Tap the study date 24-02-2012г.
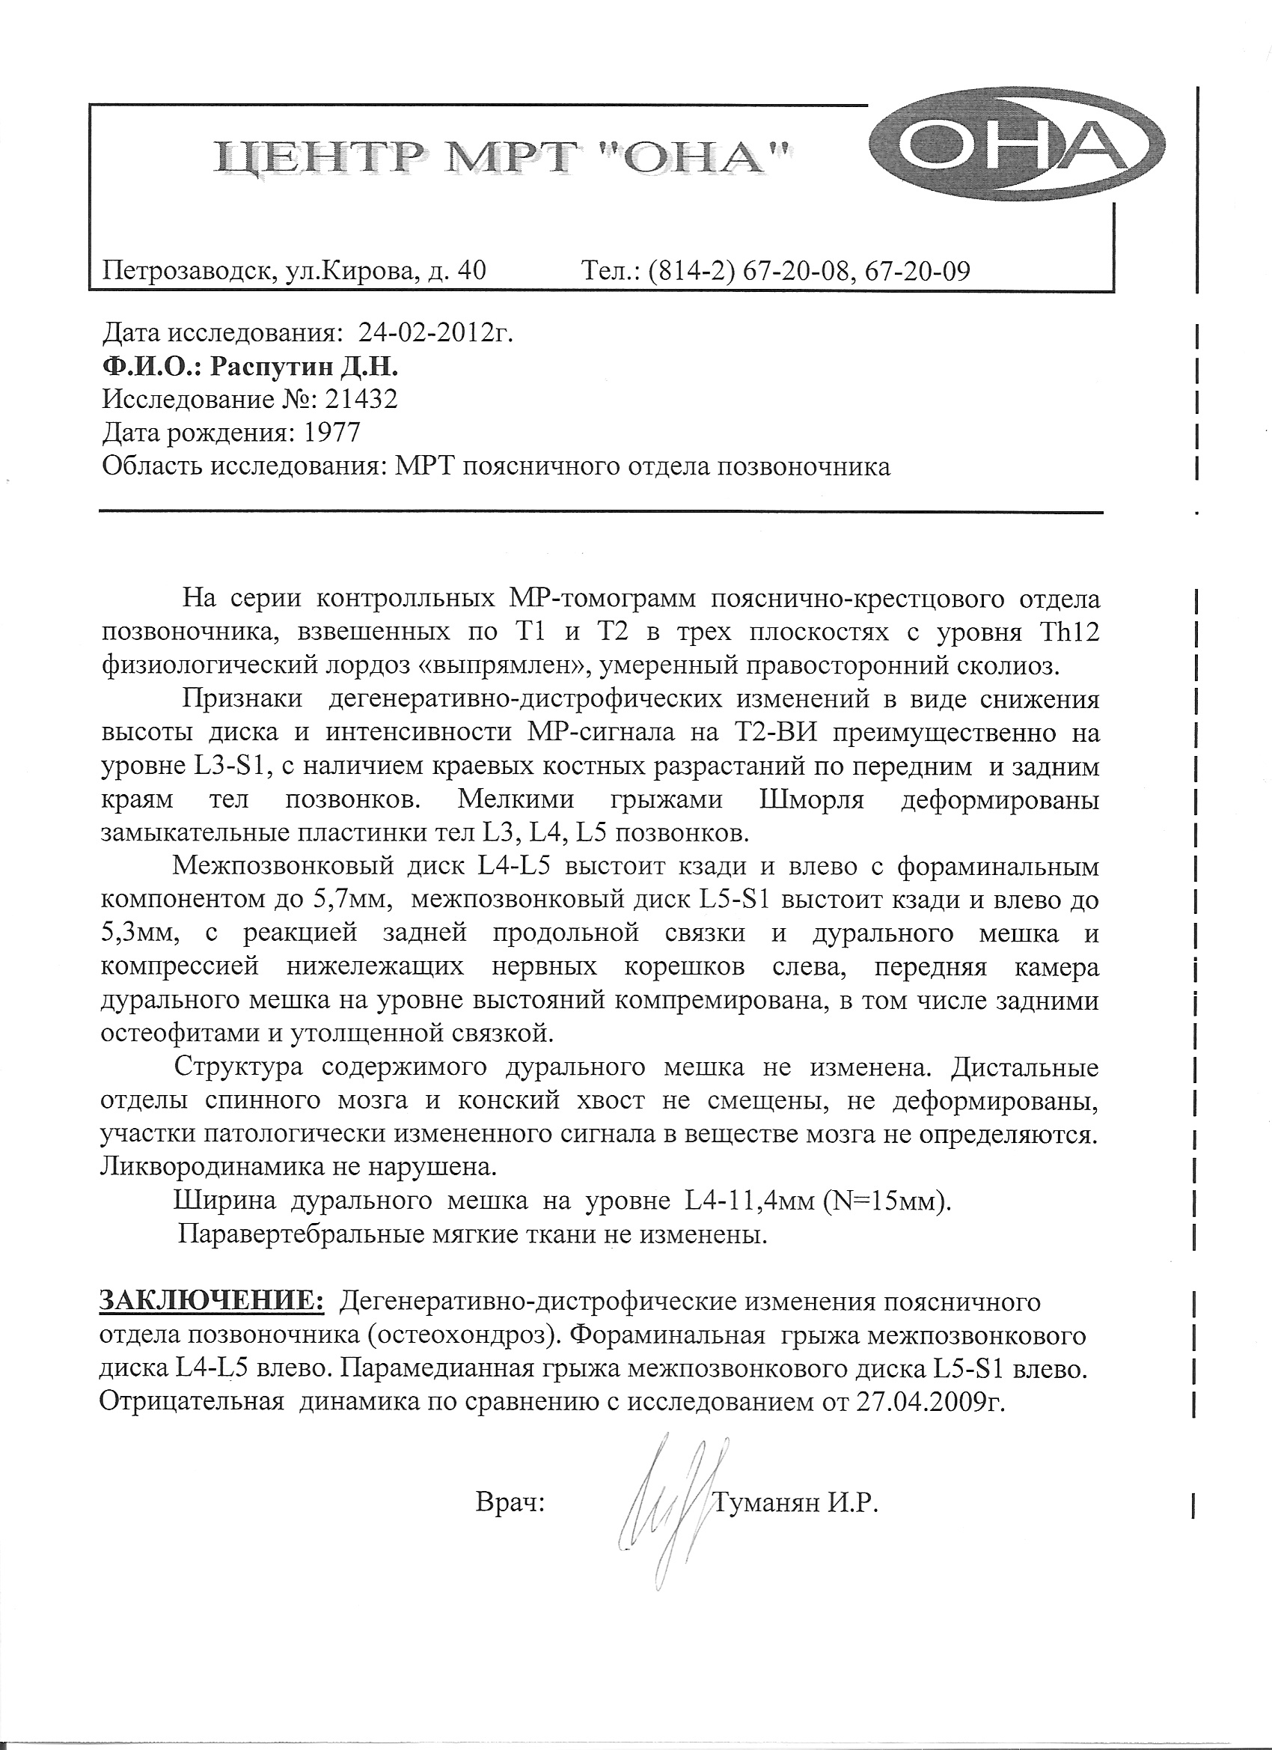click(435, 332)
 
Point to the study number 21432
click(363, 400)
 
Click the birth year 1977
click(332, 433)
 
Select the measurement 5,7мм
click(354, 900)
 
